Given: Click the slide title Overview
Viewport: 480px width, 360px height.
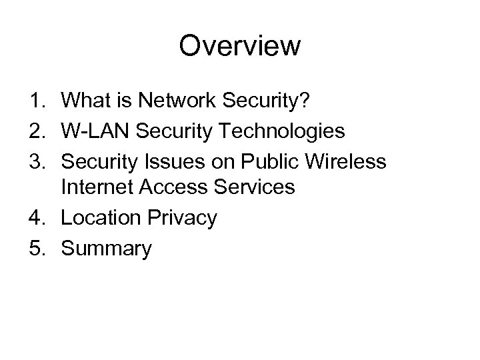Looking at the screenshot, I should point(240,46).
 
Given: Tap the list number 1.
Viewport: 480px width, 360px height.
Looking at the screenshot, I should point(35,101).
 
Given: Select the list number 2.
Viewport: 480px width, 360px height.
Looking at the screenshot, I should point(35,130).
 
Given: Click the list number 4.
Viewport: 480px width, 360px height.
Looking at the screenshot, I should point(35,217).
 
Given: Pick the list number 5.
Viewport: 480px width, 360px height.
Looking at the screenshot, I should point(35,248).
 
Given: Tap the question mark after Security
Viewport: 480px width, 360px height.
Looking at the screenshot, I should point(303,101).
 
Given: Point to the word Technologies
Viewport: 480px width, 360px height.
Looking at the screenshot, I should point(287,131).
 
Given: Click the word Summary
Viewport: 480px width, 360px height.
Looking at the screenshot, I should point(106,249).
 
